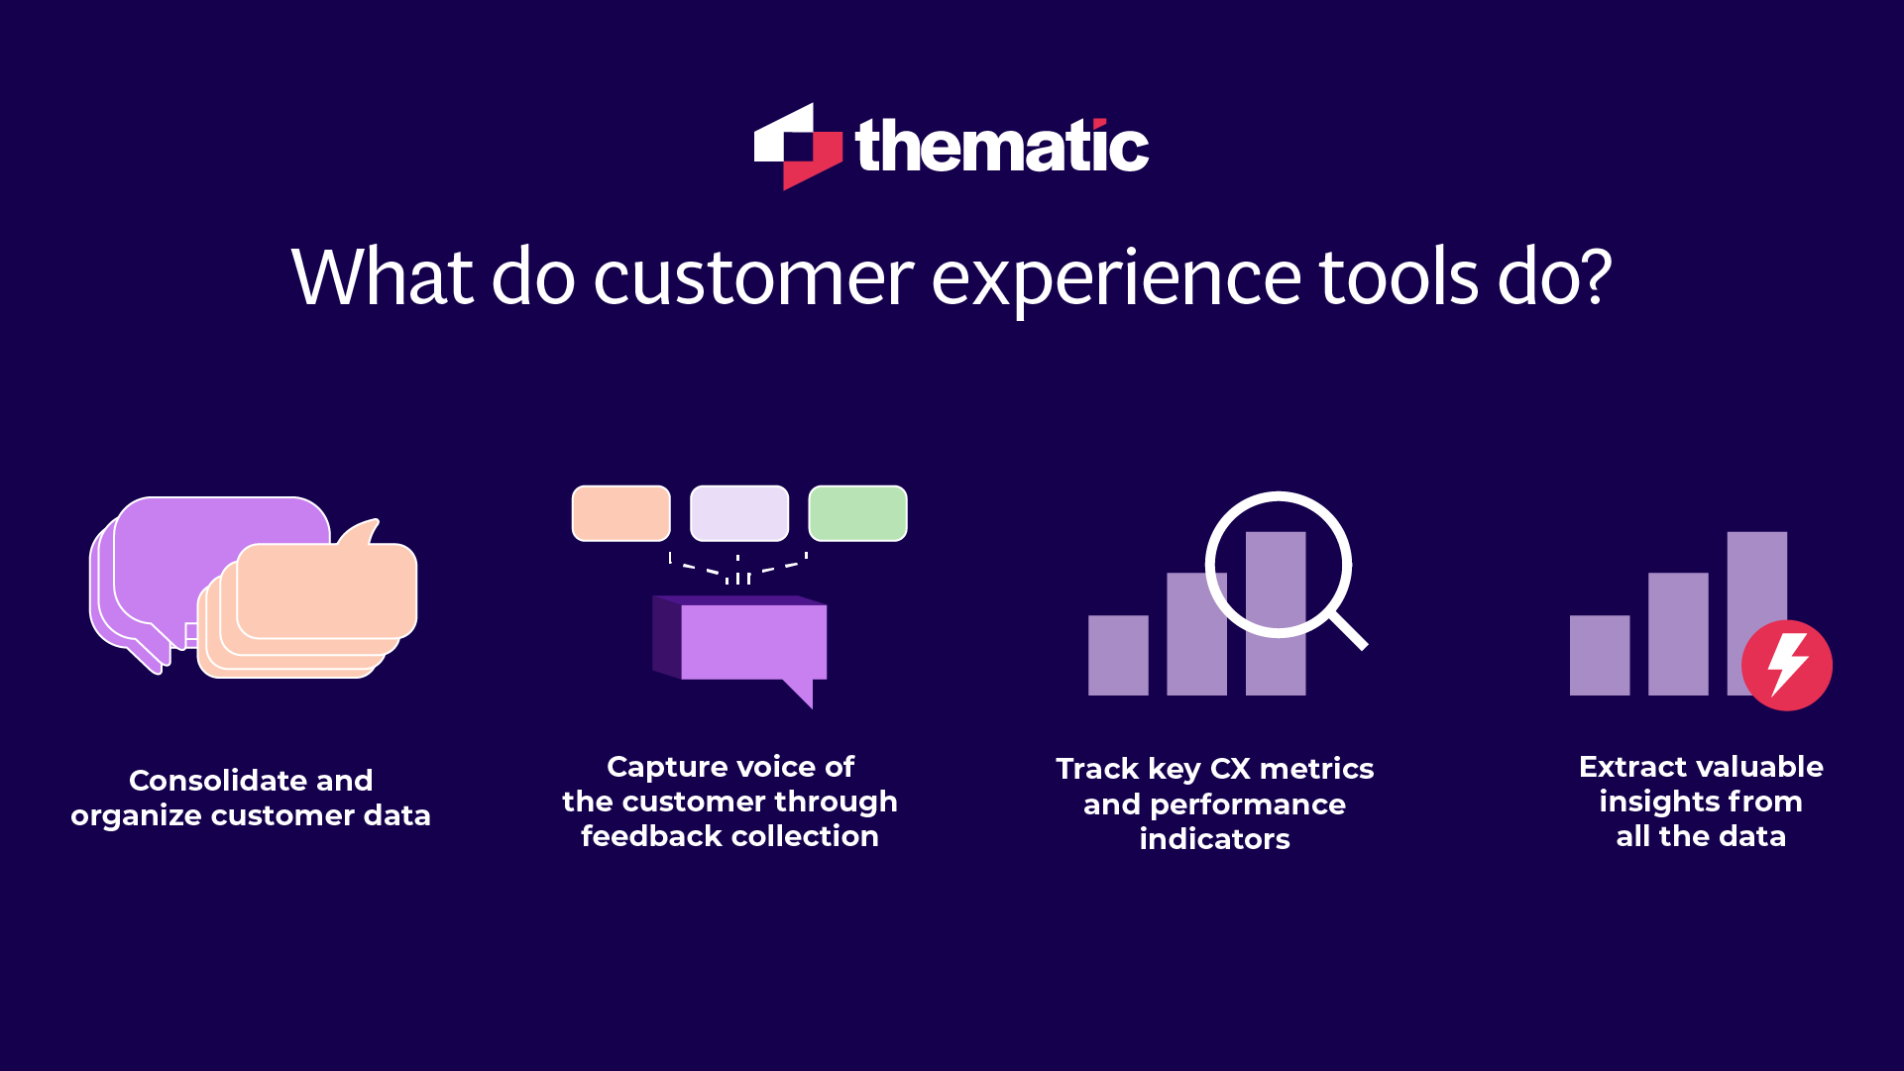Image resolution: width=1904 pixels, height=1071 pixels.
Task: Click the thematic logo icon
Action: (x=797, y=147)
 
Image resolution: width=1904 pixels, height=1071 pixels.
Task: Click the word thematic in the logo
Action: (x=1001, y=147)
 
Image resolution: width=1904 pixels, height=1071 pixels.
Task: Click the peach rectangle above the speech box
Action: (x=621, y=513)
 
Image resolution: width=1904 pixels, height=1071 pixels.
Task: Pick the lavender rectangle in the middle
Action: (x=739, y=513)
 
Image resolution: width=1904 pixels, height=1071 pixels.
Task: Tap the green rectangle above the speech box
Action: (x=857, y=513)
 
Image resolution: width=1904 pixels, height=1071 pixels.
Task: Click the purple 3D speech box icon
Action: (x=743, y=642)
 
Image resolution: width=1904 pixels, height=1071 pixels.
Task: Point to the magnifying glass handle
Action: (x=1348, y=629)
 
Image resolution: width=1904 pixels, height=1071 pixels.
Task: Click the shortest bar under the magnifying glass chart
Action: (x=1118, y=655)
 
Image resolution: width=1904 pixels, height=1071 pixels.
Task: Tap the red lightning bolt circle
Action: (x=1787, y=665)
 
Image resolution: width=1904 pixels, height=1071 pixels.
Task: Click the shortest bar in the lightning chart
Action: (x=1599, y=655)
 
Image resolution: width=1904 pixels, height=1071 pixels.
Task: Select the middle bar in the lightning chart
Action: (x=1678, y=634)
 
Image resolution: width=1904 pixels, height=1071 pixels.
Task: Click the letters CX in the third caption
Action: (x=1229, y=769)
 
